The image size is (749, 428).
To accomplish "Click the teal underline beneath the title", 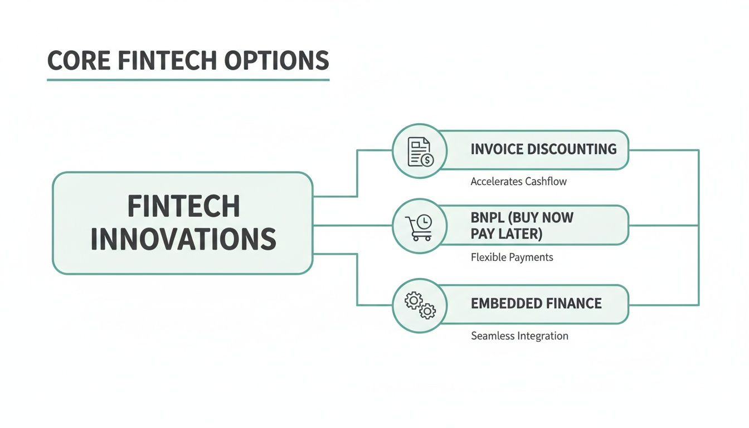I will pyautogui.click(x=188, y=80).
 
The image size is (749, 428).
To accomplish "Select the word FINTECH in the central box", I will pyautogui.click(x=183, y=206).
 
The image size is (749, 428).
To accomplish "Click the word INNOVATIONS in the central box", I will pyautogui.click(x=183, y=239).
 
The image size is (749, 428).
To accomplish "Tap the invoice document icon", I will pyautogui.click(x=420, y=151).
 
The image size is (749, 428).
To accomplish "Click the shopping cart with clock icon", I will pyautogui.click(x=420, y=227).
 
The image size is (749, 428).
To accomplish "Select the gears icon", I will pyautogui.click(x=420, y=305).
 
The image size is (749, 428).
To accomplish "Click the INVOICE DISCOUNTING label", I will pyautogui.click(x=543, y=149).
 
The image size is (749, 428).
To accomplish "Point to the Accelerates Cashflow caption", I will pyautogui.click(x=518, y=182).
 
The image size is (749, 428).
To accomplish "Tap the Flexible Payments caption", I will pyautogui.click(x=512, y=257).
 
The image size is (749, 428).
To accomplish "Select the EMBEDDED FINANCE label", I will pyautogui.click(x=536, y=304).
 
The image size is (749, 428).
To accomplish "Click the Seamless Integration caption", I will pyautogui.click(x=519, y=336).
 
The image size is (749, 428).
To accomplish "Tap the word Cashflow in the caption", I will pyautogui.click(x=546, y=182).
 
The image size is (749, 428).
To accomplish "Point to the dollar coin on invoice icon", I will pyautogui.click(x=427, y=160).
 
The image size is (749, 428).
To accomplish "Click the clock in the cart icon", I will pyautogui.click(x=425, y=222).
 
